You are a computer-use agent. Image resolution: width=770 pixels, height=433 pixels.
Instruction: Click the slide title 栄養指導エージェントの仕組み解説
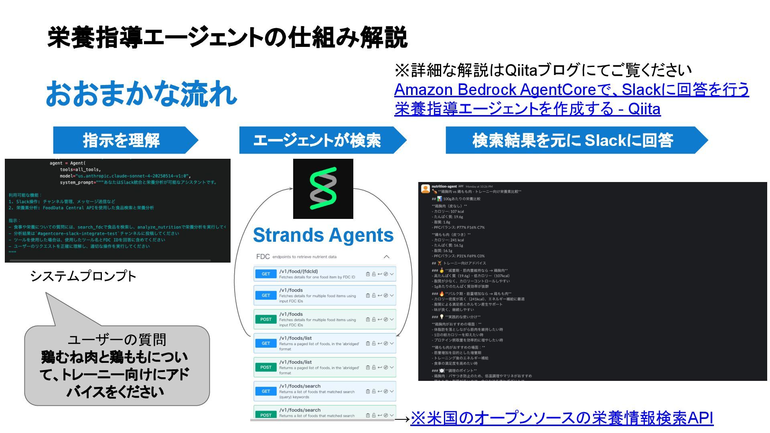click(227, 38)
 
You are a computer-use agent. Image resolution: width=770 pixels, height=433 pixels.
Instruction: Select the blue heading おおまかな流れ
click(141, 93)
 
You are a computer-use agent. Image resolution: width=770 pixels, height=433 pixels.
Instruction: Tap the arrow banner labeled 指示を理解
click(121, 140)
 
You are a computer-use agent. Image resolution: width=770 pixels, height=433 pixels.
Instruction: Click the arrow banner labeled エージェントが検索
click(317, 140)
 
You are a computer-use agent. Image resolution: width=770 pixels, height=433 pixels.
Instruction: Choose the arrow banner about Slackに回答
click(572, 140)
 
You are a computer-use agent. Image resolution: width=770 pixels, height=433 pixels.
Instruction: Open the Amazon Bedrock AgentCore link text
click(571, 90)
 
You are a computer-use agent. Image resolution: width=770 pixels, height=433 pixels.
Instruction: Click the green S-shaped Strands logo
click(323, 188)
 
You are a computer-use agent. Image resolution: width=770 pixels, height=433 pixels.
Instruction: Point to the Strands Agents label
click(323, 235)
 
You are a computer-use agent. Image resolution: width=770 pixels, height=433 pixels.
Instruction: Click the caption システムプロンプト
click(83, 276)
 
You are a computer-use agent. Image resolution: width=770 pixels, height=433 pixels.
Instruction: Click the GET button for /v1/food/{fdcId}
click(266, 274)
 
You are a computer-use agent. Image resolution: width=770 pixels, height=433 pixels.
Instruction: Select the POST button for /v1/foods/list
click(266, 367)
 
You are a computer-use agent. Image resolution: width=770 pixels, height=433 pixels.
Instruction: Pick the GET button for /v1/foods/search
click(266, 391)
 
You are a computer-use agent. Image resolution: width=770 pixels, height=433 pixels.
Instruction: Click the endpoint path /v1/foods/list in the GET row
click(295, 338)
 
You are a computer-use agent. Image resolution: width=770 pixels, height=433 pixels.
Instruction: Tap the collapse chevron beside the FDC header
click(387, 257)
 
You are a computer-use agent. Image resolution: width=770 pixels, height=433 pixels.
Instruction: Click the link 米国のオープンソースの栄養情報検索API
click(561, 418)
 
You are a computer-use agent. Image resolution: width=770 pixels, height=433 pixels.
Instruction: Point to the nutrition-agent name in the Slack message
click(444, 186)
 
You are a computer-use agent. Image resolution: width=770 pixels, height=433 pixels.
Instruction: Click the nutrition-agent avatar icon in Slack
click(425, 188)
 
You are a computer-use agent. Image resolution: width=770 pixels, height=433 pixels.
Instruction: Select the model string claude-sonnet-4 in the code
click(132, 176)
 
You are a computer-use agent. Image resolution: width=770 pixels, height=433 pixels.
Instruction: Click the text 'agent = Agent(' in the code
click(67, 163)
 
